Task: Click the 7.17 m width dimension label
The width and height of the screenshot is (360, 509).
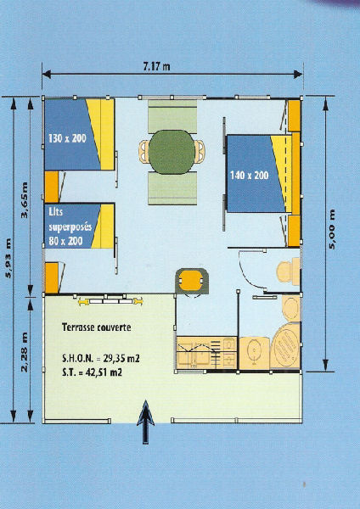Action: click(x=156, y=66)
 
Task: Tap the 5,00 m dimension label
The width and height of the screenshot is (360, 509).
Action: click(x=332, y=229)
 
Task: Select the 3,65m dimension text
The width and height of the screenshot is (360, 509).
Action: click(x=24, y=200)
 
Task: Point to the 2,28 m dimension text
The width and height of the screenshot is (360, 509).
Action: click(x=24, y=352)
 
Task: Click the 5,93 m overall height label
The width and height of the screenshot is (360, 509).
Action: click(x=8, y=258)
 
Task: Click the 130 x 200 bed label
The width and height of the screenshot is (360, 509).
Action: click(x=67, y=138)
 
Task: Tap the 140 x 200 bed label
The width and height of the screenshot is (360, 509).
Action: click(x=250, y=176)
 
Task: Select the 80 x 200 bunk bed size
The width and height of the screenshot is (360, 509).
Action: click(x=65, y=241)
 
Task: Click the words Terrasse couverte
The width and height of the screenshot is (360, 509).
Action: click(x=97, y=327)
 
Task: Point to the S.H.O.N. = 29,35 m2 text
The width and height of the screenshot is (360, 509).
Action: click(x=101, y=359)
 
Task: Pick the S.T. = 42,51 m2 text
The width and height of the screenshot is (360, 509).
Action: click(x=92, y=372)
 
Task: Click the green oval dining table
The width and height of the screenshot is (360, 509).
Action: click(x=172, y=152)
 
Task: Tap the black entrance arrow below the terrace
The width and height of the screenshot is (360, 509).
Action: click(x=145, y=422)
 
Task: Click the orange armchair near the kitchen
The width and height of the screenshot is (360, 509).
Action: click(x=192, y=281)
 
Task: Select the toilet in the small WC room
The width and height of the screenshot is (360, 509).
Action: click(x=289, y=271)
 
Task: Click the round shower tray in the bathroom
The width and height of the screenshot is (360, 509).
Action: click(x=285, y=345)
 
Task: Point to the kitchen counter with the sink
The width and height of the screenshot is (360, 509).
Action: click(x=206, y=353)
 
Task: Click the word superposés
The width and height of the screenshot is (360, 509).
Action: click(x=70, y=227)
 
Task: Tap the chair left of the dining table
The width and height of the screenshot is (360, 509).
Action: click(x=144, y=152)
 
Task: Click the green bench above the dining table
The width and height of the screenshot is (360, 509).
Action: click(x=172, y=116)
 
